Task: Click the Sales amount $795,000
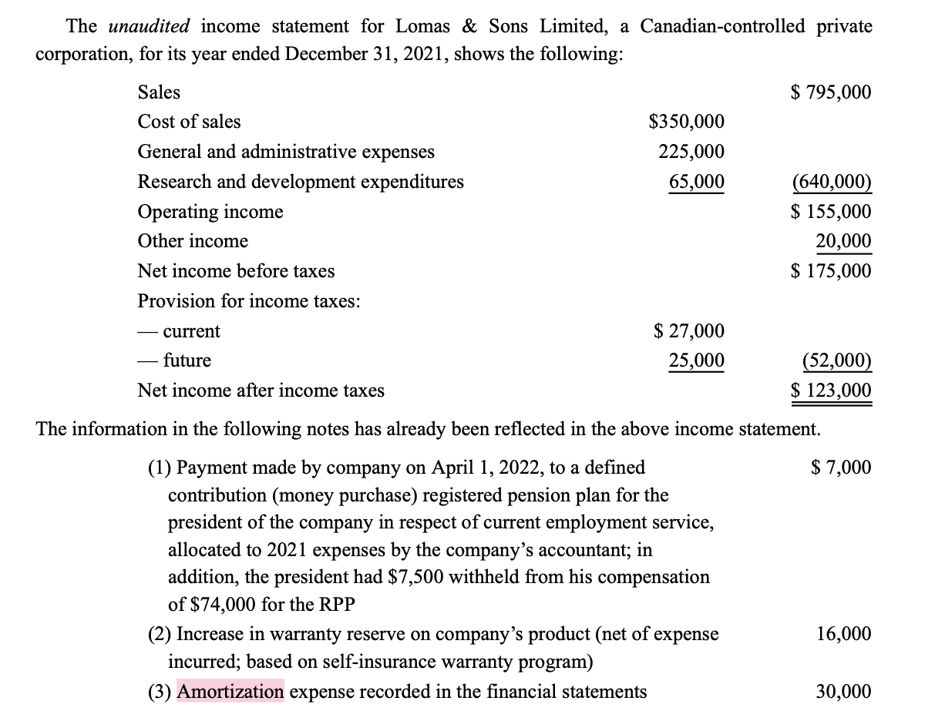[831, 92]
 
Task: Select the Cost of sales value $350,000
[686, 122]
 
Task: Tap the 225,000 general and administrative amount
[691, 152]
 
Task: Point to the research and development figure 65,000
[696, 182]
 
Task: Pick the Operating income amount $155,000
[831, 212]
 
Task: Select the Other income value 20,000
[844, 241]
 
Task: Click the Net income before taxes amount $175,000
[831, 271]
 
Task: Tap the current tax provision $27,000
[688, 331]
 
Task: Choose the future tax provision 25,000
[696, 360]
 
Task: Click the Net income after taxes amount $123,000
[831, 391]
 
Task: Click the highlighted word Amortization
[230, 692]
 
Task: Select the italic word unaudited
[149, 27]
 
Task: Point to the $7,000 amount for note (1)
[842, 467]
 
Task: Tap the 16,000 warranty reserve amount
[844, 634]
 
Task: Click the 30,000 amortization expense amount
[844, 692]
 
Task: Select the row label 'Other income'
[193, 241]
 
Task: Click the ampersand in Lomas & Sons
[468, 27]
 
